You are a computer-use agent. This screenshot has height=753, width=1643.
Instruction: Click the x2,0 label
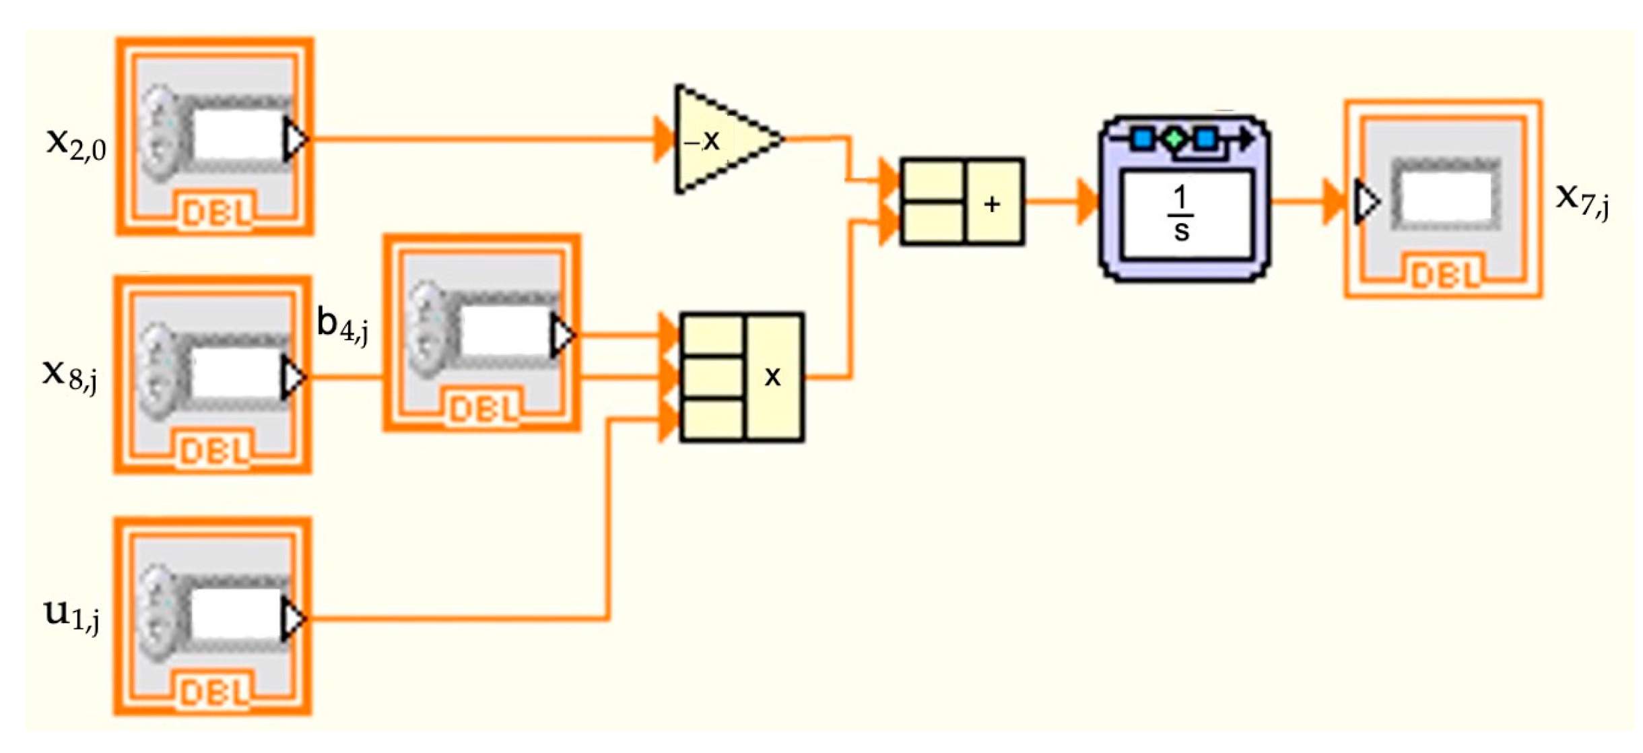pyautogui.click(x=76, y=143)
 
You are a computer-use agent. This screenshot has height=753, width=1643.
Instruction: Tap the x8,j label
pyautogui.click(x=70, y=374)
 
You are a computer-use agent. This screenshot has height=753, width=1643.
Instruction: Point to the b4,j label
pyautogui.click(x=343, y=326)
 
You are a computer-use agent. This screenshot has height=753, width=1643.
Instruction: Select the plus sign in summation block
pyautogui.click(x=992, y=203)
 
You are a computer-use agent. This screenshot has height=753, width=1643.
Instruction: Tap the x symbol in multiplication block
pyautogui.click(x=772, y=376)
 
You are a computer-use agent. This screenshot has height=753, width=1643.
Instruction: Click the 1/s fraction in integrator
pyautogui.click(x=1181, y=214)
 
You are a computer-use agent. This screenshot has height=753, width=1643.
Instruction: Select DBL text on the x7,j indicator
pyautogui.click(x=1445, y=275)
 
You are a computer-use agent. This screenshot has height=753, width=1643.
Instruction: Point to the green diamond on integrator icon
pyautogui.click(x=1174, y=139)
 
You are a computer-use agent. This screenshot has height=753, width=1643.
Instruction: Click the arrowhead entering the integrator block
pyautogui.click(x=1086, y=201)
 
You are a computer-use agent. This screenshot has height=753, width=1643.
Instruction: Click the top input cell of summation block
pyautogui.click(x=933, y=181)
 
